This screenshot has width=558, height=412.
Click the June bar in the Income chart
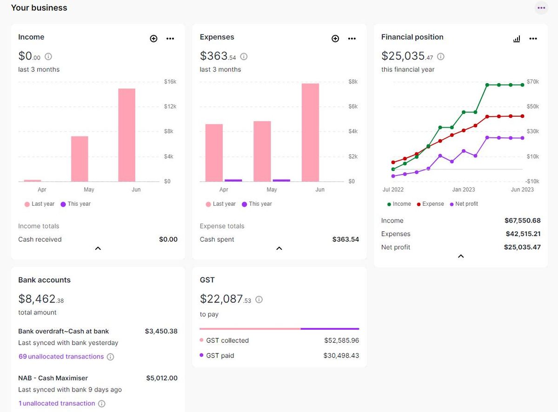click(x=126, y=135)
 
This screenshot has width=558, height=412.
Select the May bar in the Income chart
click(x=80, y=158)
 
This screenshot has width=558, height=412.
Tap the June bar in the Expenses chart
click(x=310, y=132)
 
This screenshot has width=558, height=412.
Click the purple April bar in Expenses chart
click(x=233, y=180)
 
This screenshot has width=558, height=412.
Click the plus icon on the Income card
click(x=153, y=39)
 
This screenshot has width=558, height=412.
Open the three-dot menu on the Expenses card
click(x=352, y=39)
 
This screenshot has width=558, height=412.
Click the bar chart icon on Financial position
click(x=517, y=39)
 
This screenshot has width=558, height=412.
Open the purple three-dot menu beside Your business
click(x=541, y=8)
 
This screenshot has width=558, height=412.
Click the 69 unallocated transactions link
click(x=61, y=357)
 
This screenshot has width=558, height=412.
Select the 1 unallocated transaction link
click(x=57, y=404)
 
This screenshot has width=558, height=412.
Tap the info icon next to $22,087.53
click(x=259, y=300)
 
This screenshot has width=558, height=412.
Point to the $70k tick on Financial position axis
click(x=532, y=82)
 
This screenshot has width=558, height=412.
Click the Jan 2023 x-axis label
click(x=464, y=190)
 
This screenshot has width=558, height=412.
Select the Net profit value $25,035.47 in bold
click(x=522, y=247)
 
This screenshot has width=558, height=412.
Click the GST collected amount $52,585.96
click(x=341, y=340)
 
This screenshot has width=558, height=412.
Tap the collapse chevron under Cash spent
click(x=279, y=249)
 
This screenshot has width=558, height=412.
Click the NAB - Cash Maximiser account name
click(x=53, y=378)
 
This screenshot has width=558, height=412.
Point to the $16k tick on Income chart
click(x=170, y=82)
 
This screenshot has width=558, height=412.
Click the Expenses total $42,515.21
click(x=523, y=234)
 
